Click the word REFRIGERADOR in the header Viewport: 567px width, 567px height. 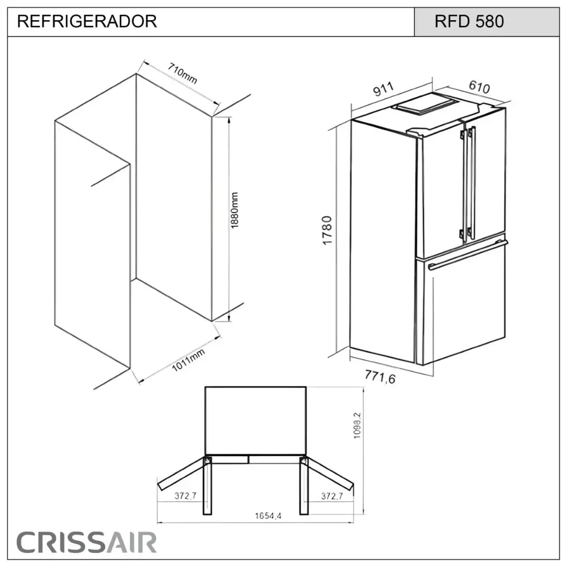click(x=87, y=22)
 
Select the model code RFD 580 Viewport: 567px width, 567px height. click(x=469, y=22)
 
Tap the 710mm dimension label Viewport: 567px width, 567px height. click(x=182, y=74)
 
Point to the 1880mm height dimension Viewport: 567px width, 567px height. click(x=235, y=211)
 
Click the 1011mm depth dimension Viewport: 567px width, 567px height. click(x=188, y=359)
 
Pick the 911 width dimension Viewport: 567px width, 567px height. click(x=384, y=89)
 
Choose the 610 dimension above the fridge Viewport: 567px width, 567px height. click(x=479, y=87)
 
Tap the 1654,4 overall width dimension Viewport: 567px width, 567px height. click(x=265, y=516)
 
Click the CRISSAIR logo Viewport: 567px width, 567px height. click(x=87, y=542)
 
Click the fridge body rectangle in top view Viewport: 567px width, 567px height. click(x=256, y=420)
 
